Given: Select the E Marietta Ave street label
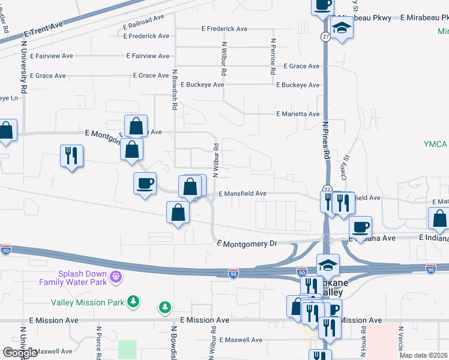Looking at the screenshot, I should pyautogui.click(x=298, y=113).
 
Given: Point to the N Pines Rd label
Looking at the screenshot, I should pyautogui.click(x=327, y=140).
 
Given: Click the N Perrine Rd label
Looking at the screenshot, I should pyautogui.click(x=273, y=57).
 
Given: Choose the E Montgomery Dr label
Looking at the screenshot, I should pyautogui.click(x=247, y=243).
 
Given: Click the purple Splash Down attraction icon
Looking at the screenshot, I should pyautogui.click(x=116, y=277).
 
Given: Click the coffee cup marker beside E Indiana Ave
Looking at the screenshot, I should pyautogui.click(x=360, y=227).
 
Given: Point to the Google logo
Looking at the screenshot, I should pyautogui.click(x=20, y=353).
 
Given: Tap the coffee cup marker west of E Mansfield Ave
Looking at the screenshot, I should pyautogui.click(x=145, y=183).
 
